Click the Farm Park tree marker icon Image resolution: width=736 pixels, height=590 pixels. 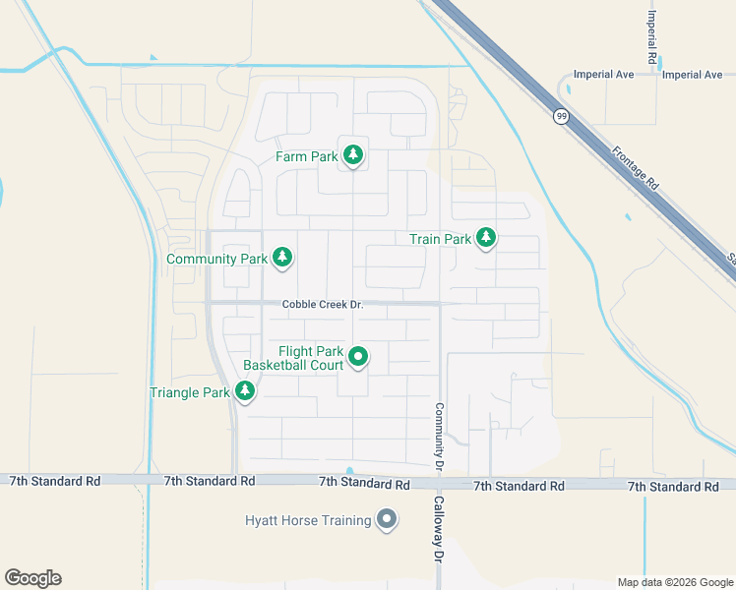pyautogui.click(x=353, y=155)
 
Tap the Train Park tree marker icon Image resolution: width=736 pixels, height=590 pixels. pyautogui.click(x=485, y=238)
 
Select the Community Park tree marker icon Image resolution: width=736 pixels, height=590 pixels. pyautogui.click(x=282, y=258)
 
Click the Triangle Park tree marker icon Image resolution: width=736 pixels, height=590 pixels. pyautogui.click(x=245, y=391)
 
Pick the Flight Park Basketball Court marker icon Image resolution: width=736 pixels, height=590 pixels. pyautogui.click(x=359, y=358)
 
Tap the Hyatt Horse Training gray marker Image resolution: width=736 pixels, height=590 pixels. pyautogui.click(x=387, y=519)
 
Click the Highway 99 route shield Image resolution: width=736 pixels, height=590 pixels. pyautogui.click(x=560, y=116)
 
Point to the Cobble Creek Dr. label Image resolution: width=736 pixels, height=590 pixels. pyautogui.click(x=323, y=305)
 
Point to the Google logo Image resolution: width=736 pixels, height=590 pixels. pyautogui.click(x=32, y=578)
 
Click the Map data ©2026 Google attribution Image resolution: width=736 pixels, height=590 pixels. pyautogui.click(x=676, y=582)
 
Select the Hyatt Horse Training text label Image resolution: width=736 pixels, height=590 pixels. pyautogui.click(x=308, y=520)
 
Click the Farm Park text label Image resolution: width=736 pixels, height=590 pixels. pyautogui.click(x=306, y=156)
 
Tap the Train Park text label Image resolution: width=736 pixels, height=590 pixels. pyautogui.click(x=440, y=239)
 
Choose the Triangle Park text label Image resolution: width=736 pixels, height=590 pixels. pyautogui.click(x=189, y=392)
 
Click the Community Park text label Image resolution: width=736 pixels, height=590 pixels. pyautogui.click(x=217, y=259)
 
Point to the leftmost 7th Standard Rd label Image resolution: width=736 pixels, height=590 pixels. pyautogui.click(x=55, y=481)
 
